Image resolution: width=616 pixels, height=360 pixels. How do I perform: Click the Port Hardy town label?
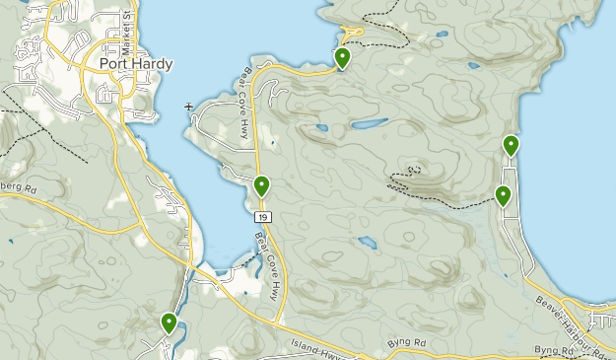(136, 64)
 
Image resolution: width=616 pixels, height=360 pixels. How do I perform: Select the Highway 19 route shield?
(261, 216)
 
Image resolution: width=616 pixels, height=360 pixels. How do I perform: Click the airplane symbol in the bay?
(188, 106)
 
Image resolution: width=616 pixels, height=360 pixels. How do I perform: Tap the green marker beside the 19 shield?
(262, 185)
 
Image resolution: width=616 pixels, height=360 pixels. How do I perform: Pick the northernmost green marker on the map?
(342, 58)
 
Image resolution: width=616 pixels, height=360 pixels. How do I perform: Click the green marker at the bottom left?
(170, 322)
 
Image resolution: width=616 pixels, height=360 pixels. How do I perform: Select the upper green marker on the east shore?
(512, 146)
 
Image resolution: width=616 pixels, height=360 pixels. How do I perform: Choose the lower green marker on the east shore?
(504, 195)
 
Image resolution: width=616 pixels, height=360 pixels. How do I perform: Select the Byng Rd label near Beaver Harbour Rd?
(552, 350)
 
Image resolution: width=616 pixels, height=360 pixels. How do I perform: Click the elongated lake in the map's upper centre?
(370, 125)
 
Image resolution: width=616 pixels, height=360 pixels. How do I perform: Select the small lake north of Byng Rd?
(367, 242)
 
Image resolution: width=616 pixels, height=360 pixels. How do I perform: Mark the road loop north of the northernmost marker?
(354, 33)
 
